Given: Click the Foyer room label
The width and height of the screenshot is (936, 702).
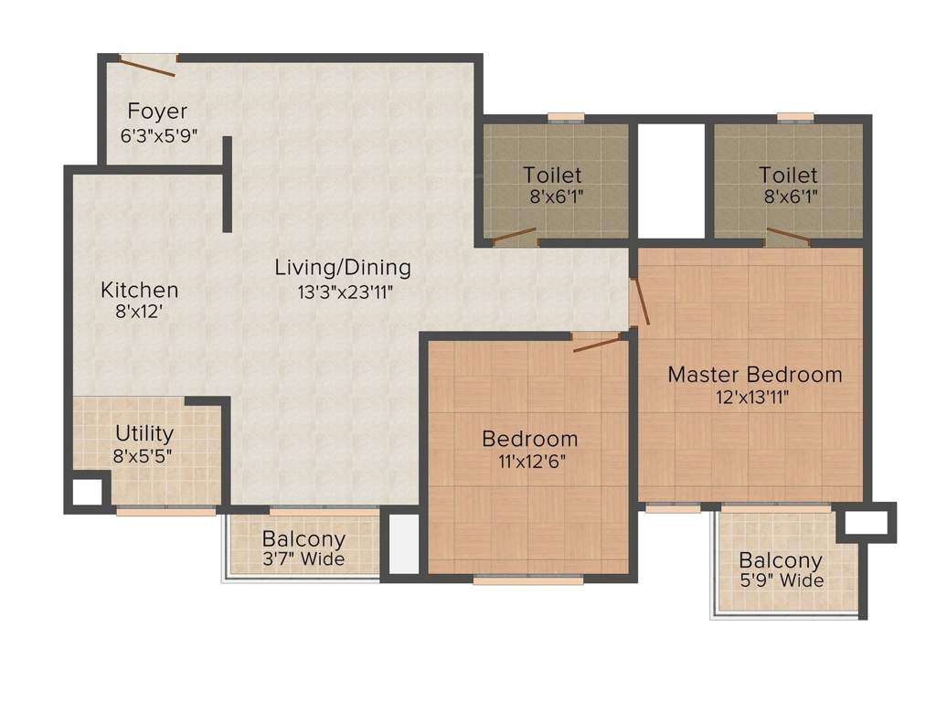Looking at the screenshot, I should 157,112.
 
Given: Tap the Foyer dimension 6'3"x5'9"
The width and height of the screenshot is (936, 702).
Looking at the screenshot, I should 160,134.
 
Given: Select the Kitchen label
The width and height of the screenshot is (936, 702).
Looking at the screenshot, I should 139,291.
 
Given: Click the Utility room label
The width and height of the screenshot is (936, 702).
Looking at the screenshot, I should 144,432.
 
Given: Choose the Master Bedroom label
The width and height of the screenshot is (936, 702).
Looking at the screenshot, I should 755,374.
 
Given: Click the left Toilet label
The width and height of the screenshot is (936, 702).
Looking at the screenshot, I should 552,174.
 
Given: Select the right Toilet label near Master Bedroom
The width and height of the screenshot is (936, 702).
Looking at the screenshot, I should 788,174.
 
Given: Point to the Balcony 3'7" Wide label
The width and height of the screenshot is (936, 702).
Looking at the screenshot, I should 303,538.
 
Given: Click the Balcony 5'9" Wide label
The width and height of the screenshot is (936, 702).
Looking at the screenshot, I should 781,560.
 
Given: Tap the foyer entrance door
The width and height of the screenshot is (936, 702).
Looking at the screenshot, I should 147,65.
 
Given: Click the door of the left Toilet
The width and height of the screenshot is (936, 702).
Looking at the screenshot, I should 515,236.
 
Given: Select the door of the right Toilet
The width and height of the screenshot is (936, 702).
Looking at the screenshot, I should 788,236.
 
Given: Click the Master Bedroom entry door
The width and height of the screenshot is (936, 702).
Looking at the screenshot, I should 641,301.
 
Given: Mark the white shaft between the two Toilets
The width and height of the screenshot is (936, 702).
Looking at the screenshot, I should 671,179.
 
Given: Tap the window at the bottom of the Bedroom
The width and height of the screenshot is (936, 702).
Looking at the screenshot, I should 528,579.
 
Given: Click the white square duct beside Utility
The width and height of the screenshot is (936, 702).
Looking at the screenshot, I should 88,492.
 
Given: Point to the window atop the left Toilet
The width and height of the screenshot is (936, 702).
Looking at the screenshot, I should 566,117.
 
